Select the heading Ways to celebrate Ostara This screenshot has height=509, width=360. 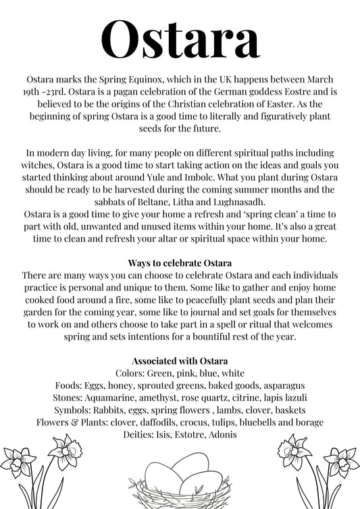pyautogui.click(x=180, y=262)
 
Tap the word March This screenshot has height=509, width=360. pyautogui.click(x=322, y=79)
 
